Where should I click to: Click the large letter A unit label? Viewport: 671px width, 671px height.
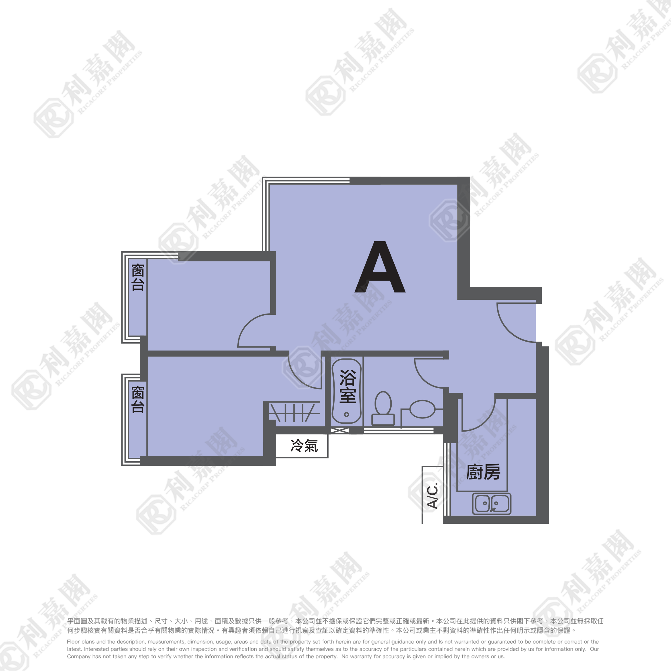380,267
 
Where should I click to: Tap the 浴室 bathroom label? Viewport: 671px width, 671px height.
347,386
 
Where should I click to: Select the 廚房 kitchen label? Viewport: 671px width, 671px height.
483,472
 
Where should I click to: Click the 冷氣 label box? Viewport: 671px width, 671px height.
302,446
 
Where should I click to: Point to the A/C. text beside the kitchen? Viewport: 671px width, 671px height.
433,496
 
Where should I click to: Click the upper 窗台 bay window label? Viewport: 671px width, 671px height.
138,277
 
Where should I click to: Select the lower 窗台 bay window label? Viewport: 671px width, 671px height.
138,400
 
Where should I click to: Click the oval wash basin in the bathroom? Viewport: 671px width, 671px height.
422,409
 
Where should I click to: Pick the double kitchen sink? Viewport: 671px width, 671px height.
492,504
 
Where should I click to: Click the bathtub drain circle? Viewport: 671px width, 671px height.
346,415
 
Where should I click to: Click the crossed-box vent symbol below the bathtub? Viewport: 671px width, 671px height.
340,431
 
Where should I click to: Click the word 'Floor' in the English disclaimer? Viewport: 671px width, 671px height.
73,642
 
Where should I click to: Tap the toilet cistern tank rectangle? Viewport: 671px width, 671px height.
383,420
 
